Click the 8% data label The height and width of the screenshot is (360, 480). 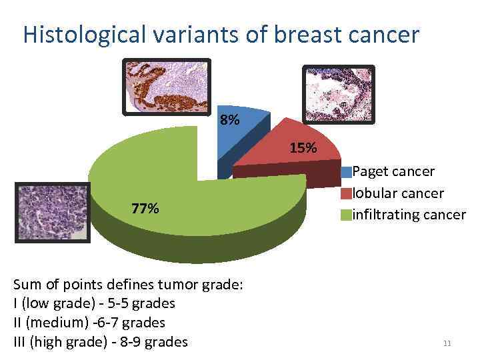coord(229,121)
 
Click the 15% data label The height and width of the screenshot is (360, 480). coord(303,148)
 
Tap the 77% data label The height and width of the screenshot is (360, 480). coord(145,209)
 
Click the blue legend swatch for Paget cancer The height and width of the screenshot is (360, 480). coord(347,172)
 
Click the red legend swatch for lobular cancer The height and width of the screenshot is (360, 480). coord(347,193)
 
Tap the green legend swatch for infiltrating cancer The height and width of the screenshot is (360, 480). coord(347,215)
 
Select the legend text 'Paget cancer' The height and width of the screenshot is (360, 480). coord(393,171)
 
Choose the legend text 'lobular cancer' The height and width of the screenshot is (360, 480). coord(398,193)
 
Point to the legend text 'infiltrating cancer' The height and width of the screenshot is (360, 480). coord(409,215)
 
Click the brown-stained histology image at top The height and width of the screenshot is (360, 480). coord(167,86)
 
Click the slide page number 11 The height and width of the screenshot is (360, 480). coord(447,344)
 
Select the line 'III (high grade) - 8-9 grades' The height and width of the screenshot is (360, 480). coord(101,343)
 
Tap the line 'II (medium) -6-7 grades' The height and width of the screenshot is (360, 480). coord(89,323)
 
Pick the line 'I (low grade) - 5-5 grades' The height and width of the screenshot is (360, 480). coord(94,304)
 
